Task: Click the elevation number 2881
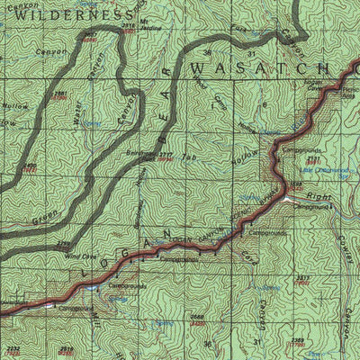pyautogui.click(x=59, y=94)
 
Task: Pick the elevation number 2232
pyautogui.click(x=12, y=347)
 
